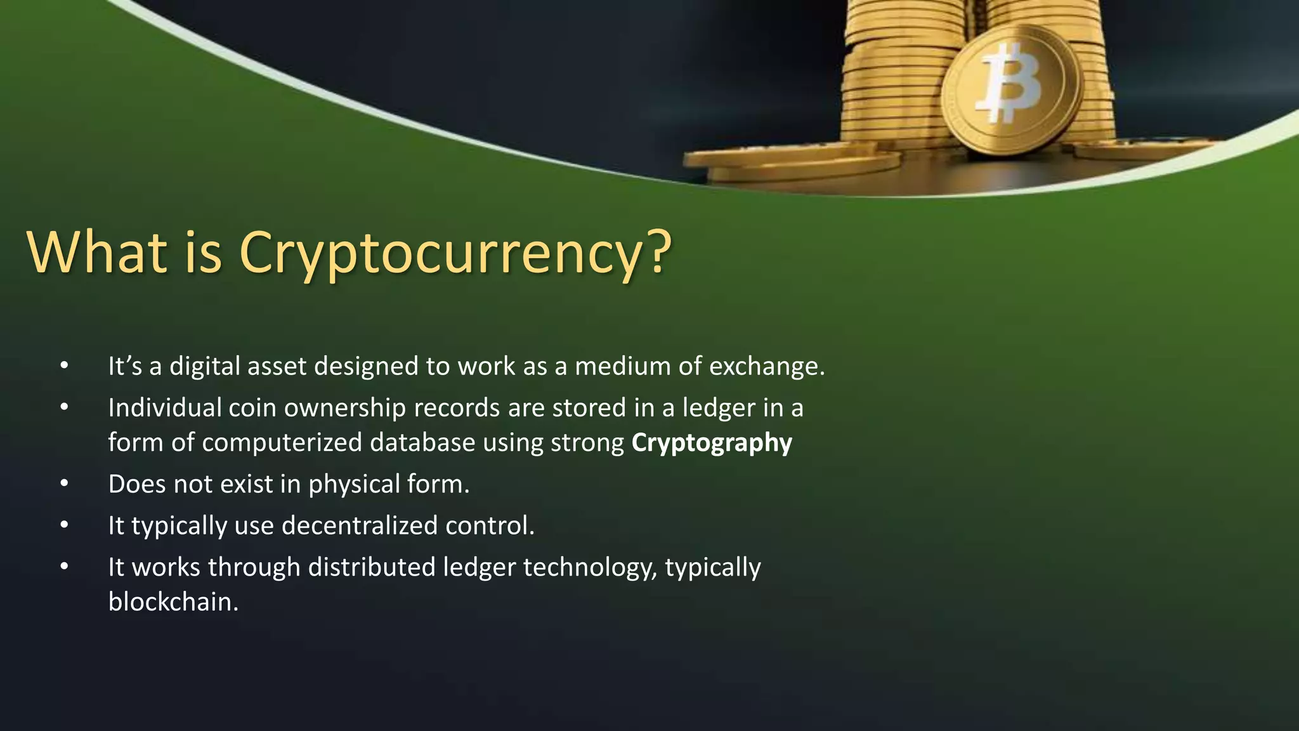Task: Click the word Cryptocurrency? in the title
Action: [455, 253]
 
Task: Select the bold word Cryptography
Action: [712, 443]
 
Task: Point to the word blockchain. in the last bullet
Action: [173, 602]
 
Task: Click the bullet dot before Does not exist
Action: [64, 484]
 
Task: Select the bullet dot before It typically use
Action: [64, 525]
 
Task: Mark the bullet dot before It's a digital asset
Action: [64, 366]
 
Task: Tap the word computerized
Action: [282, 442]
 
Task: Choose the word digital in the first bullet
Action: [204, 367]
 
